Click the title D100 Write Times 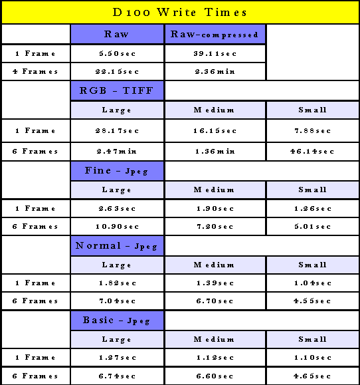[180, 12]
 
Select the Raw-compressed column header [215, 35]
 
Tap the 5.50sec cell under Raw [117, 53]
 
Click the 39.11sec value [215, 53]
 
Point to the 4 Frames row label [35, 71]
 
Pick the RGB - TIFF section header [116, 90]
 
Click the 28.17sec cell [117, 130]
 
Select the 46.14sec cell [312, 151]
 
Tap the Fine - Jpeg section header [116, 171]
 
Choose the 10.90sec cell [117, 226]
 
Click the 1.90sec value [215, 209]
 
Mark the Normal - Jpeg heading [116, 246]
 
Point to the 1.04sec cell [313, 283]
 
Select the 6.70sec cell [215, 301]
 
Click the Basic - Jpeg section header [116, 321]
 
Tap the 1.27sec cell [117, 358]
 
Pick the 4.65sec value [312, 376]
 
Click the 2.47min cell [117, 151]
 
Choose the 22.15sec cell [117, 71]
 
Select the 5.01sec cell [313, 226]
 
